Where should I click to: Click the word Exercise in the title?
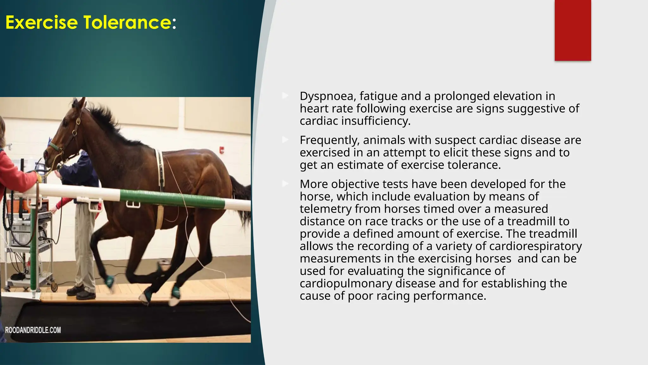pos(41,23)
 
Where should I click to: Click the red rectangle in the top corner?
pos(573,30)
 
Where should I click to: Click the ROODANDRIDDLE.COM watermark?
pos(33,330)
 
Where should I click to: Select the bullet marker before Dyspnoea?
pos(285,96)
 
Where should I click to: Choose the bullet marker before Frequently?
pos(285,140)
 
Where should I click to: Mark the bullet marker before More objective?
pos(285,184)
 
